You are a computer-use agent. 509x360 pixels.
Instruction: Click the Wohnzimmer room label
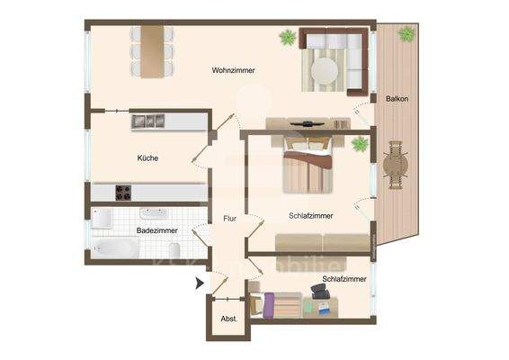coord(234,70)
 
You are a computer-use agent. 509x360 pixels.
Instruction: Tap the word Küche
coord(148,157)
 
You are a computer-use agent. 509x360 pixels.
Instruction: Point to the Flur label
coord(229,219)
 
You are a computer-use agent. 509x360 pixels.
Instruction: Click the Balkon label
coord(397,99)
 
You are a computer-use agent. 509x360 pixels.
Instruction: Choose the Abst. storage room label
coord(228,319)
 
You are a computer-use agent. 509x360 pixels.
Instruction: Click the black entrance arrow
coord(200,284)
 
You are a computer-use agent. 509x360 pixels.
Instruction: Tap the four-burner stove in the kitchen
coord(123,193)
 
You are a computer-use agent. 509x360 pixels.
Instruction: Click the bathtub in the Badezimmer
coord(114,247)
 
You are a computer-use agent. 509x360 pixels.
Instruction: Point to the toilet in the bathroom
coord(177,248)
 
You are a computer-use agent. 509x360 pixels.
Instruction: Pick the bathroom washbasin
coord(151,214)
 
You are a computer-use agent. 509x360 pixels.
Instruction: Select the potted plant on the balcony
coord(406,34)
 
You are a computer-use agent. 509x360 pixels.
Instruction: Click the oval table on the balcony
coord(395,165)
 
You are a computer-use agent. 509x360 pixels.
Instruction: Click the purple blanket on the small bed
coord(268,306)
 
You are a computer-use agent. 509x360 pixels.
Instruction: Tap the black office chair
coord(318,292)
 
